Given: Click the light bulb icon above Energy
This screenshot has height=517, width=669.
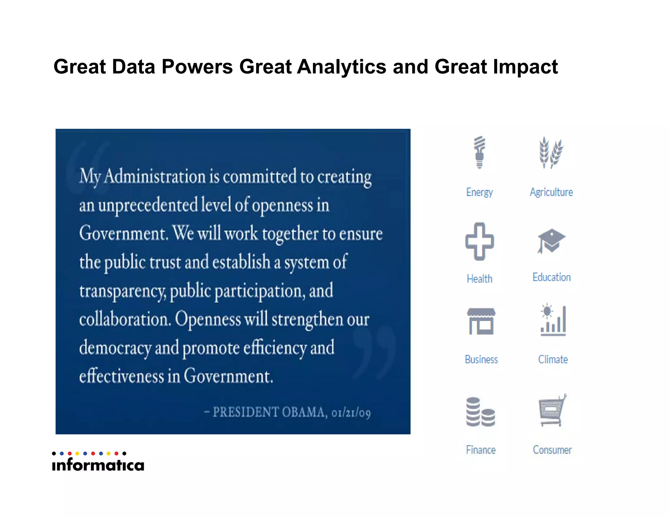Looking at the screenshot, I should tap(480, 152).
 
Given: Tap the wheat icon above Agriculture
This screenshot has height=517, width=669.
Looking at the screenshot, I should tap(551, 153).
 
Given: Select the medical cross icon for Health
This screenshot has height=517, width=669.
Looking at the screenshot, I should tap(480, 242).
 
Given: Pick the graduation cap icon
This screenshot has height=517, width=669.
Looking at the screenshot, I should tap(551, 241).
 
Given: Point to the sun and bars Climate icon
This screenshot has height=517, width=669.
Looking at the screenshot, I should tap(553, 320).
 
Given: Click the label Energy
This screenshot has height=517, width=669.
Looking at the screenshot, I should tap(480, 192).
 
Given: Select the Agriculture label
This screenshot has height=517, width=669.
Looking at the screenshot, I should tap(551, 192).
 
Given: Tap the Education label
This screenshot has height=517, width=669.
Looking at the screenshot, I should tap(552, 277).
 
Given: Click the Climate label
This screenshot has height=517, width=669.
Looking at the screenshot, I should tap(553, 359).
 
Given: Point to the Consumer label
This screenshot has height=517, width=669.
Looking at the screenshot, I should tap(552, 450).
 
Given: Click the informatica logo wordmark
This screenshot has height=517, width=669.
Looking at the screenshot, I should tap(98, 464).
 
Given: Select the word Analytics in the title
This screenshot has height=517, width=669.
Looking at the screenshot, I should tap(342, 67).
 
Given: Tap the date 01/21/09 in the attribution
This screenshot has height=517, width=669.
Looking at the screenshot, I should tap(351, 413).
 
